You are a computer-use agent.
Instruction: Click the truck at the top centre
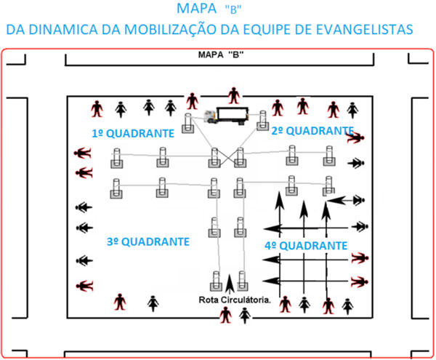point(226,116)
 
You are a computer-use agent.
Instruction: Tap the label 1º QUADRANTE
point(133,134)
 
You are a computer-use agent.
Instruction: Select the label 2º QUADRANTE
point(312,131)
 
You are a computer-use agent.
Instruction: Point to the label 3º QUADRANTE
point(148,241)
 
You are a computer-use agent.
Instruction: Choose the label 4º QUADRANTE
point(306,246)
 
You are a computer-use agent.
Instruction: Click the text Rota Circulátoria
point(235,300)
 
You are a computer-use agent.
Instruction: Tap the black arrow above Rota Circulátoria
point(229,284)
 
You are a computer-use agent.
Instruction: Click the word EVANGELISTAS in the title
point(364,30)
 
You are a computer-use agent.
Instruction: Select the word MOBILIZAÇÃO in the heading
point(171,30)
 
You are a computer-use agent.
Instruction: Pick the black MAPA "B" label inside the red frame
point(221,55)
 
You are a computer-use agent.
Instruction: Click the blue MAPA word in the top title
point(197,8)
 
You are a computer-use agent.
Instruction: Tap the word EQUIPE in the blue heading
point(265,30)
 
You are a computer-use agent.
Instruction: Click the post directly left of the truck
point(188,123)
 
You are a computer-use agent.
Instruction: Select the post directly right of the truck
point(262,121)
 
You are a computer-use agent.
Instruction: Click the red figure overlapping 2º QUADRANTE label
point(355,137)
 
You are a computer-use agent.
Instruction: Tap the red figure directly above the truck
point(234,96)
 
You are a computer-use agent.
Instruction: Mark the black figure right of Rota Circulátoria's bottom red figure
point(245,316)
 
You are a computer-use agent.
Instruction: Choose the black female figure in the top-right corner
point(352,111)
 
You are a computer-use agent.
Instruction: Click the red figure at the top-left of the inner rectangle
point(97,109)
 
